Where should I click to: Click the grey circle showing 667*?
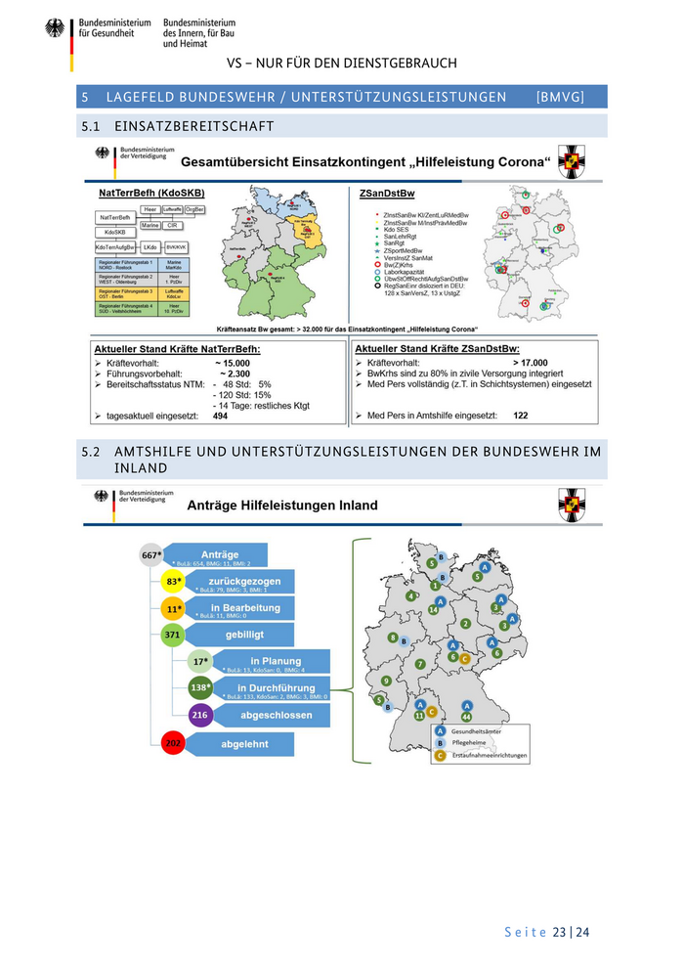(x=151, y=554)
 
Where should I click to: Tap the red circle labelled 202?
(x=173, y=744)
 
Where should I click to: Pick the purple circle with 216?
(x=199, y=716)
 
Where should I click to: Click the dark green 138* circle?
(x=199, y=688)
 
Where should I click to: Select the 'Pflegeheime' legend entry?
(x=469, y=743)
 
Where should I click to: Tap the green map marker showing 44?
(x=466, y=717)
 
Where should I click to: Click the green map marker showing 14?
(x=432, y=609)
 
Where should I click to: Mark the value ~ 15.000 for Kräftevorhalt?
(x=233, y=362)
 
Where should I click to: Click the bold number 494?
(x=221, y=416)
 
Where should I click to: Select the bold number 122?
(x=521, y=416)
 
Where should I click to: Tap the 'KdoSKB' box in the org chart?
(x=114, y=232)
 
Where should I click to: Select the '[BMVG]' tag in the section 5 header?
(x=560, y=97)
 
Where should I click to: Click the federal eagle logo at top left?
(x=55, y=29)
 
